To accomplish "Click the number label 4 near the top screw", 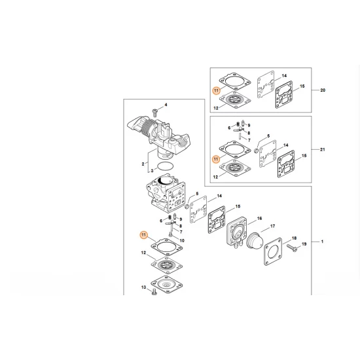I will click(166, 105).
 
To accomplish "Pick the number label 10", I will click(182, 241).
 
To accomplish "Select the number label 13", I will click(143, 288).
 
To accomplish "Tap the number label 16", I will click(260, 218).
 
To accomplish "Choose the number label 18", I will click(295, 238).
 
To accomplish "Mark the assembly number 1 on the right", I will click(321, 242).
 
